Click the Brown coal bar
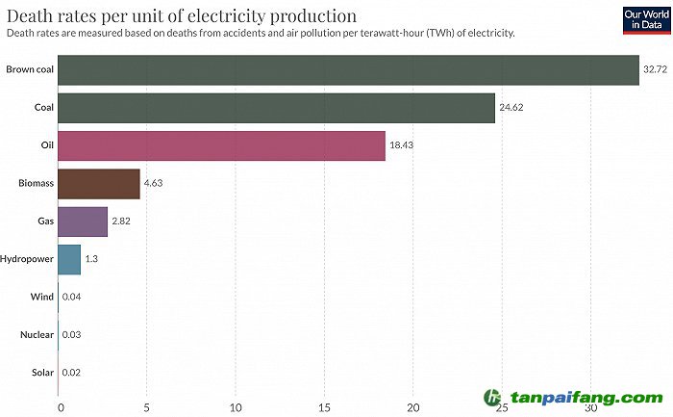[348, 69]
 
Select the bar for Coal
[276, 107]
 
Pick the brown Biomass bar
[99, 183]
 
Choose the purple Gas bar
[83, 221]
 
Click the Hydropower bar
[69, 259]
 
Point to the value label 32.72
[655, 69]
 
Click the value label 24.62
[511, 107]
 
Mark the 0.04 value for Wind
[71, 297]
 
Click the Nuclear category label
[36, 334]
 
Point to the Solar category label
[41, 372]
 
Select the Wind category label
[41, 297]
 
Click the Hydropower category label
[27, 259]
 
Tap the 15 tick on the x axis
[325, 406]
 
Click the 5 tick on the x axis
[147, 406]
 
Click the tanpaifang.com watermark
[574, 398]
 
